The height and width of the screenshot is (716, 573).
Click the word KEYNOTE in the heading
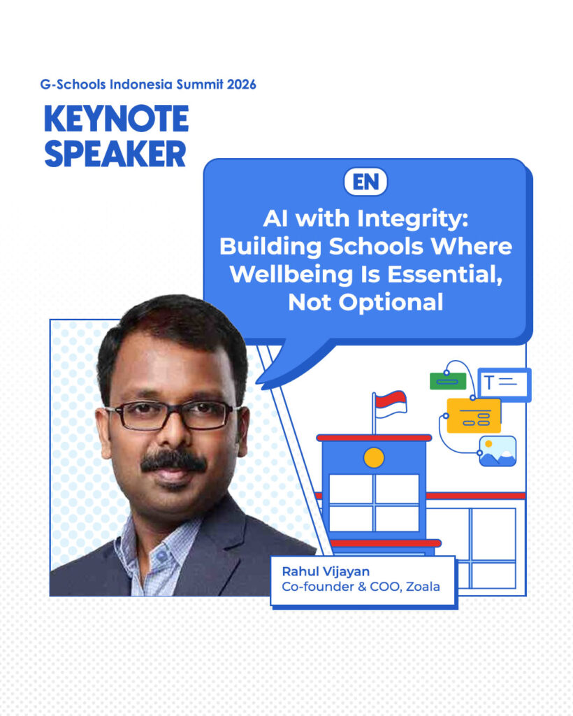[x=116, y=120]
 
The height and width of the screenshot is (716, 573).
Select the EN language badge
[x=365, y=182]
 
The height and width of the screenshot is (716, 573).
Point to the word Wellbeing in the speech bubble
[x=289, y=274]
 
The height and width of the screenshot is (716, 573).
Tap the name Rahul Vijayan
[x=326, y=572]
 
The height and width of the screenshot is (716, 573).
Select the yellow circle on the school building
[x=374, y=458]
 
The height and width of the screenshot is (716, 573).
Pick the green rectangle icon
[x=447, y=381]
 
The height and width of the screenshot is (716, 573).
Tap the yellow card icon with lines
[x=474, y=416]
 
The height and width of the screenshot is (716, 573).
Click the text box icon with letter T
[x=504, y=383]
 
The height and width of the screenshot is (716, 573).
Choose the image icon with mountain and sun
[x=498, y=451]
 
